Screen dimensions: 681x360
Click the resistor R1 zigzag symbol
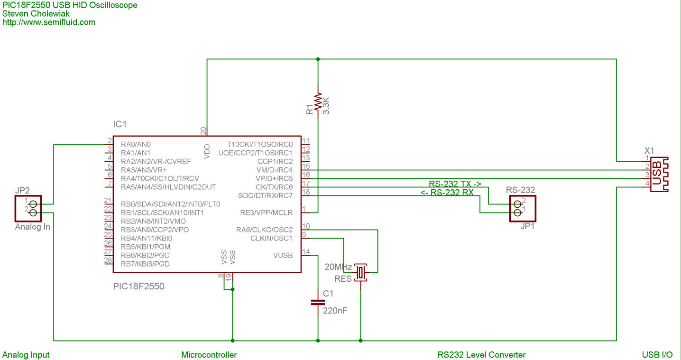tap(318, 102)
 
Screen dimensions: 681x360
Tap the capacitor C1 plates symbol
tap(318, 303)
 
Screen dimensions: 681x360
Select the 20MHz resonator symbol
tap(360, 272)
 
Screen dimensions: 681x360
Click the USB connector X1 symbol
tap(659, 174)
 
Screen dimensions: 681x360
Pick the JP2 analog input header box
tap(28, 208)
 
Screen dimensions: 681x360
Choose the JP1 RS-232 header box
tap(523, 208)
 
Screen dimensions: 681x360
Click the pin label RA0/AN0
tap(136, 144)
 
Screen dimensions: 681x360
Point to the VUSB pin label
tap(283, 255)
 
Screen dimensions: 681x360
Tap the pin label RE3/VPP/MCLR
tap(267, 213)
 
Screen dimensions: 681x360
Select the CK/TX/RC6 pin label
tap(274, 187)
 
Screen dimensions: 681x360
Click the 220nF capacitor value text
tap(335, 311)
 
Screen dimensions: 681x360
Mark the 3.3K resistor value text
tap(326, 105)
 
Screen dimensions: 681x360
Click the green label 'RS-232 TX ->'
tap(455, 184)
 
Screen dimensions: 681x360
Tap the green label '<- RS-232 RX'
tap(447, 193)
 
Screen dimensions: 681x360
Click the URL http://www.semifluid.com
tap(49, 22)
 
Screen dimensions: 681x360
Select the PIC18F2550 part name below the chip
tap(138, 286)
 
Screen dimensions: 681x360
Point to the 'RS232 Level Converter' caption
tap(481, 355)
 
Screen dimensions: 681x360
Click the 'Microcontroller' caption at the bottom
tap(209, 355)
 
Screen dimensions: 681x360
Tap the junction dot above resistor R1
tap(318, 59)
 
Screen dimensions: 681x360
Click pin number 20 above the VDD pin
tap(203, 131)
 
